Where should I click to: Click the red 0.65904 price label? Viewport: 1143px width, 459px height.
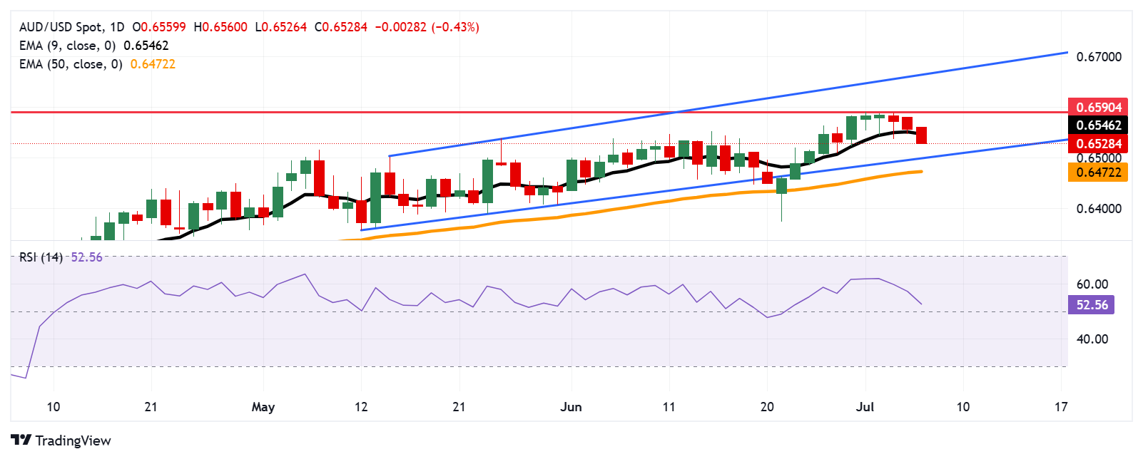click(1098, 107)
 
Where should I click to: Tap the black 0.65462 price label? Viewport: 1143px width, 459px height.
click(1098, 125)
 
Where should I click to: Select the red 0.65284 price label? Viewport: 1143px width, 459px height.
click(1098, 143)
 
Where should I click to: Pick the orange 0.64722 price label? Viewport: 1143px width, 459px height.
click(1098, 172)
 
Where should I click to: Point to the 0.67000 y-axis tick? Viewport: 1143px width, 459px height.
click(1099, 57)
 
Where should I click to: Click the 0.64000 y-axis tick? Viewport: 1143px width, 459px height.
click(1099, 209)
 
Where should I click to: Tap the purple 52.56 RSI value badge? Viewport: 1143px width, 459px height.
click(1092, 305)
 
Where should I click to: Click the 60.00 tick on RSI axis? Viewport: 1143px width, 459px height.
click(1092, 284)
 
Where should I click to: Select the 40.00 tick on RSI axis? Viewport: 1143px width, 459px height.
click(1092, 339)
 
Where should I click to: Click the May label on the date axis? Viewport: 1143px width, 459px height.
click(263, 407)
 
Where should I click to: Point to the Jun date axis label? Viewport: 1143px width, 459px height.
click(571, 407)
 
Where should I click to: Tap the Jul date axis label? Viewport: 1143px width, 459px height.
click(865, 407)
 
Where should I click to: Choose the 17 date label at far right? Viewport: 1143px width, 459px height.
click(1061, 407)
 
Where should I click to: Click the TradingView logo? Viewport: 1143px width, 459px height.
click(61, 440)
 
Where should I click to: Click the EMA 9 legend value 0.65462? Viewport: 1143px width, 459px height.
click(146, 46)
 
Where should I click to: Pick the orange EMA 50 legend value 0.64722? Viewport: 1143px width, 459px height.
click(153, 64)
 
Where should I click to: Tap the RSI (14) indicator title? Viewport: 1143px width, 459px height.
click(41, 257)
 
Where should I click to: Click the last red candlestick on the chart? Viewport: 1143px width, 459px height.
click(922, 135)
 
